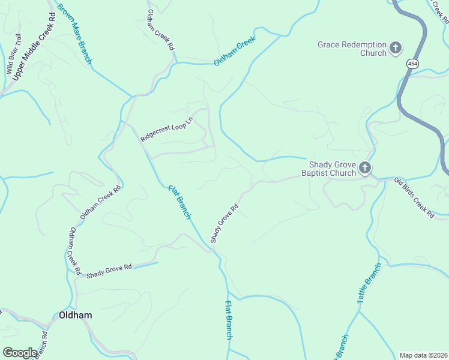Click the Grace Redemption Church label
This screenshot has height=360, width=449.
pos(352,49)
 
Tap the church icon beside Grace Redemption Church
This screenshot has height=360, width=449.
pos(396,48)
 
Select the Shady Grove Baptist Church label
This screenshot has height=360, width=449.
pos(333,169)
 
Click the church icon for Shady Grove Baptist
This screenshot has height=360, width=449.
pos(366,169)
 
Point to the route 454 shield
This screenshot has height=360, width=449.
pos(412,62)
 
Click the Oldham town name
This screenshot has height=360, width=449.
pos(75,315)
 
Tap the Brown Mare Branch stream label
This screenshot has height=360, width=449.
pos(74,34)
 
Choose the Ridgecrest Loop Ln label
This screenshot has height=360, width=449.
pos(166,129)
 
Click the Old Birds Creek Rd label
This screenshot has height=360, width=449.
pos(414,197)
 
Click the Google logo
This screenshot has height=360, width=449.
pos(20,353)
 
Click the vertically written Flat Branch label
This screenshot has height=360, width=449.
pos(228,320)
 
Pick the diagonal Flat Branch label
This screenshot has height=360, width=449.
pos(179,202)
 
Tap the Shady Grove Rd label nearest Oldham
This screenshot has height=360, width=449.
pos(109,271)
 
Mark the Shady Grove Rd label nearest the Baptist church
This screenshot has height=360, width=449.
pos(224,223)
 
